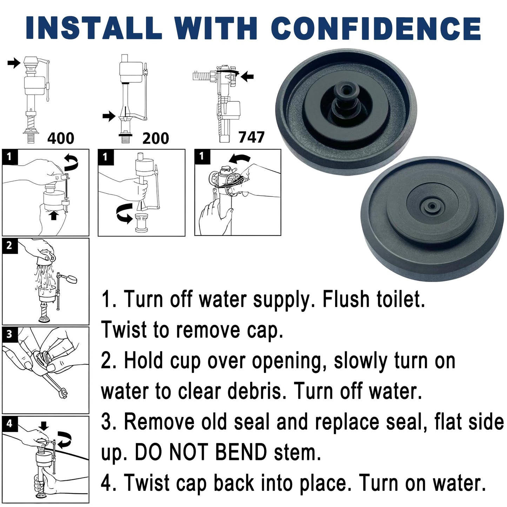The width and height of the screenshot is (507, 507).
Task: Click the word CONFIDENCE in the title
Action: (x=376, y=28)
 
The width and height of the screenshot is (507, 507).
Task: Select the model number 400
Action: (x=61, y=138)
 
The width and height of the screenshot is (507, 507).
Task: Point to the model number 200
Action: (x=155, y=138)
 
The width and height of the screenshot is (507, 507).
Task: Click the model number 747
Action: (x=251, y=137)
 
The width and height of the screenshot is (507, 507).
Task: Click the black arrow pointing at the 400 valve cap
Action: (x=14, y=63)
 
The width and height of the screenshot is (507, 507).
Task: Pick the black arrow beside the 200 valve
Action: (x=109, y=116)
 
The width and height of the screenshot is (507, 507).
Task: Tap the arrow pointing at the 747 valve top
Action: (x=247, y=76)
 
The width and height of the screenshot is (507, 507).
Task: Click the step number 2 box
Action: (x=10, y=246)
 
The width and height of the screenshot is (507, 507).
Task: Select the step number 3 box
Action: (x=10, y=334)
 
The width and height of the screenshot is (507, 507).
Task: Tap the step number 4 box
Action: (x=10, y=424)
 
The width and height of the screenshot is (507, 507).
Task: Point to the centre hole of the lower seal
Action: (x=432, y=206)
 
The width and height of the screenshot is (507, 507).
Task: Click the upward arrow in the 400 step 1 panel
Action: (x=54, y=216)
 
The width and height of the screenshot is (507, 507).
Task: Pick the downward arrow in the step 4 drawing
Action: (x=44, y=426)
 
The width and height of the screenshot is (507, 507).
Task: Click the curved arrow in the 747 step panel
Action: (x=240, y=159)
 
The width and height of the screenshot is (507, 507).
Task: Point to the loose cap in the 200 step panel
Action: (x=141, y=223)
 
